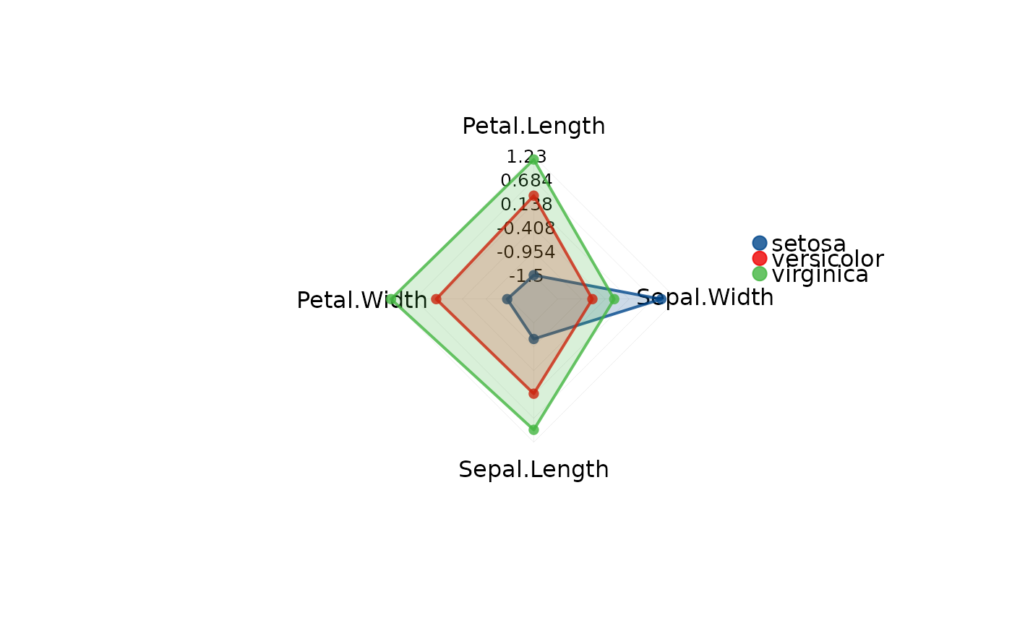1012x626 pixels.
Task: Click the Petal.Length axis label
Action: click(533, 127)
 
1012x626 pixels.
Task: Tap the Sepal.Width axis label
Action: click(705, 297)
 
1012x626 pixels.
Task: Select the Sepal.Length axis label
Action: click(533, 470)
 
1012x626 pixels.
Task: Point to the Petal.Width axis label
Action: click(361, 300)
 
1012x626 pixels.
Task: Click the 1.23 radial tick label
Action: click(526, 157)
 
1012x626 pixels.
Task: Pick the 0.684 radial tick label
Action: click(526, 181)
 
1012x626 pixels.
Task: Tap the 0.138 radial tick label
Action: click(526, 205)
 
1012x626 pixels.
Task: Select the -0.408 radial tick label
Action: click(526, 228)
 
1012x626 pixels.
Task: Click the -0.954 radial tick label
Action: click(526, 252)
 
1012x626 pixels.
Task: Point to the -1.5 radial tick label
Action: click(526, 276)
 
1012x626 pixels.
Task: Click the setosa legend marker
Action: click(760, 243)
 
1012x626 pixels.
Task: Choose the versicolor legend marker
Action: click(760, 258)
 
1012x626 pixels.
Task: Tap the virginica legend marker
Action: click(760, 273)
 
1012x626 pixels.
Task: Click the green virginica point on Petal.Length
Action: click(533, 159)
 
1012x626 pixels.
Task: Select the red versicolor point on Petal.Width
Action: click(436, 299)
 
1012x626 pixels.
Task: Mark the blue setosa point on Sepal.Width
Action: click(659, 299)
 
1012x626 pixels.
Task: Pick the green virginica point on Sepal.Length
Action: click(533, 430)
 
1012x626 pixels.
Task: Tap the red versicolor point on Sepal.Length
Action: click(533, 393)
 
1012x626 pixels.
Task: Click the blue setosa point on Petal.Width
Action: click(507, 299)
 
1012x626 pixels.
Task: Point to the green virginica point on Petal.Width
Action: click(391, 299)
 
